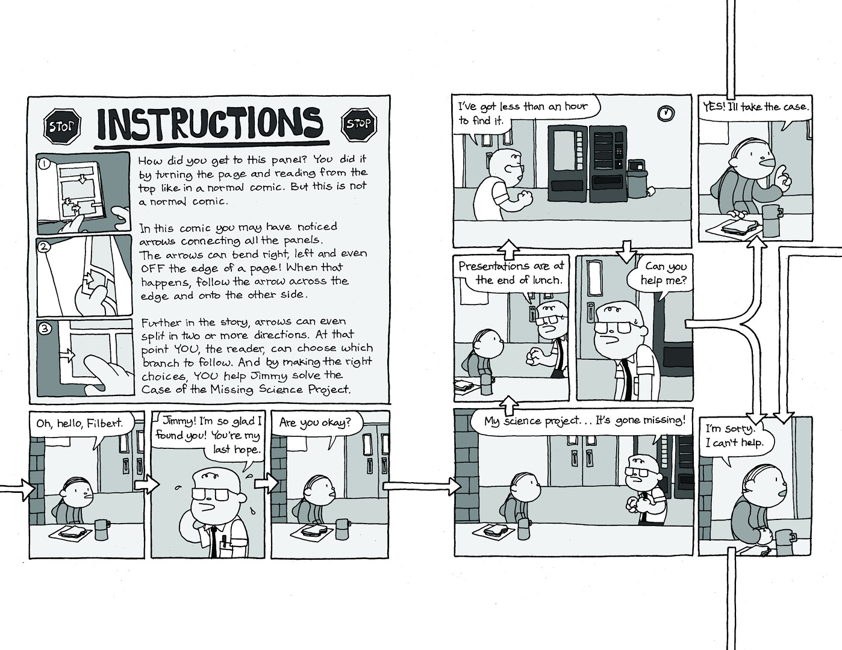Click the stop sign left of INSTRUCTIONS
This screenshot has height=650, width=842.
pyautogui.click(x=61, y=126)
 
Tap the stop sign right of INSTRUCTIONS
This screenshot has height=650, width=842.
pyautogui.click(x=359, y=125)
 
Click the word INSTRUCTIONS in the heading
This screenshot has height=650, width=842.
pyautogui.click(x=210, y=124)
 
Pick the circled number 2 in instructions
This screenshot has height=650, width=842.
pyautogui.click(x=43, y=246)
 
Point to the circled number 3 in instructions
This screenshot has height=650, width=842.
pyautogui.click(x=44, y=329)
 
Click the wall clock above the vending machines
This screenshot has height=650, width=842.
pyautogui.click(x=666, y=113)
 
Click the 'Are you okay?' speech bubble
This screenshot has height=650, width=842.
pyautogui.click(x=314, y=423)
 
